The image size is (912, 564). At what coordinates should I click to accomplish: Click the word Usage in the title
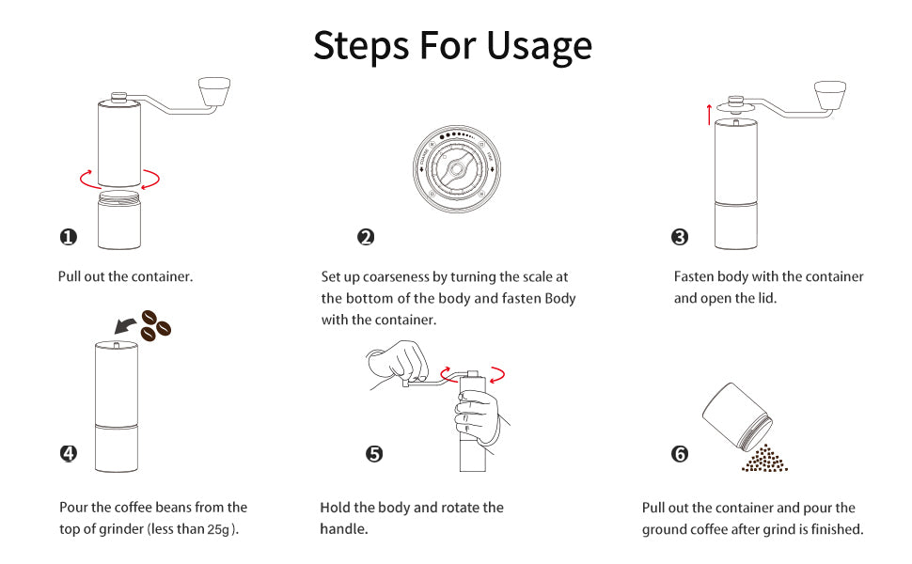(539, 46)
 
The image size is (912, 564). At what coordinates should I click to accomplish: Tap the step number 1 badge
(68, 237)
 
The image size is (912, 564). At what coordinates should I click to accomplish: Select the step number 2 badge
(366, 237)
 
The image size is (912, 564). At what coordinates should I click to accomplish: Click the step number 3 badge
(680, 237)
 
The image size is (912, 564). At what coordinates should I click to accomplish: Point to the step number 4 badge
(68, 453)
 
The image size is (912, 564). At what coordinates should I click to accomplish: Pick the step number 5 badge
(374, 453)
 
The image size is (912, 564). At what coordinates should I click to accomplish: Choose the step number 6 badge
(680, 453)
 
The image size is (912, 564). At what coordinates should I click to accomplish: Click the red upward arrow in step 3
(709, 115)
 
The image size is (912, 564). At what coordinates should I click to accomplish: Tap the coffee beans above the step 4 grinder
(155, 325)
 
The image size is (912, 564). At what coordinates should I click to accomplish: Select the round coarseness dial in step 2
(457, 168)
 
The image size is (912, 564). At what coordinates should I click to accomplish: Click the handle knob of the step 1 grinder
(214, 91)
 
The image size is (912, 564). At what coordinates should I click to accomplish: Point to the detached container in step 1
(119, 220)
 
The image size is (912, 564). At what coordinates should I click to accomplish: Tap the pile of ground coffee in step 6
(764, 459)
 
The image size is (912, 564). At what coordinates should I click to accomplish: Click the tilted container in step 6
(737, 416)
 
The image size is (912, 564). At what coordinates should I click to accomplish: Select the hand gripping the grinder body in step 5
(480, 417)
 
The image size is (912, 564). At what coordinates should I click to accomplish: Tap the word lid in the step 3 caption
(766, 298)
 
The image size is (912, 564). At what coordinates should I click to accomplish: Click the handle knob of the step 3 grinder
(830, 95)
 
